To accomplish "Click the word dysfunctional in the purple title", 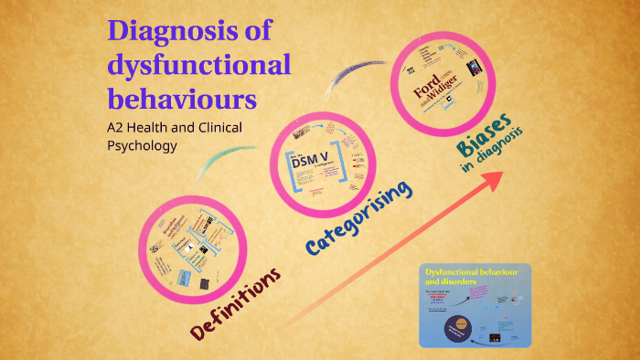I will pos(199,65).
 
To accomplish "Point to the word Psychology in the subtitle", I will pos(142,144).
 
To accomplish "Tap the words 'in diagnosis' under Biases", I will pos(491,155).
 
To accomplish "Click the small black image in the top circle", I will pos(474,69).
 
